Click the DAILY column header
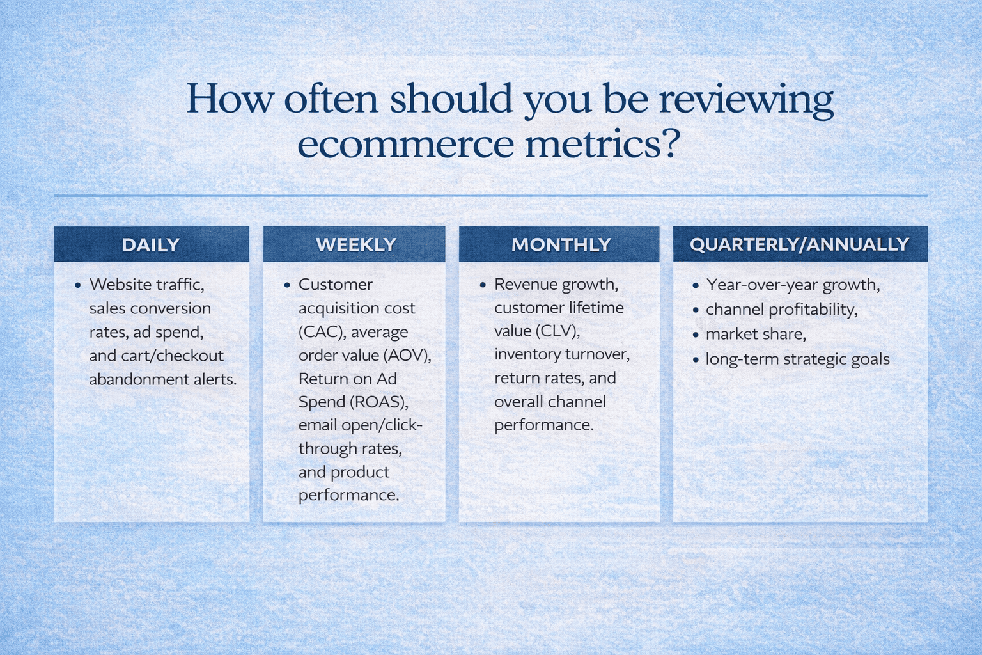(151, 245)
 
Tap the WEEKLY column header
(355, 245)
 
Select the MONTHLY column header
(561, 245)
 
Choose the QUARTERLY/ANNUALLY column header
(799, 244)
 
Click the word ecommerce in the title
(405, 144)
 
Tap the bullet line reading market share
(755, 334)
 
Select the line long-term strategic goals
(797, 359)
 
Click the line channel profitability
(781, 310)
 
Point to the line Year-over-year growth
(793, 285)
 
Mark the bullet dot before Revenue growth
(483, 285)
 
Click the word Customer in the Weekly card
(335, 285)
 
